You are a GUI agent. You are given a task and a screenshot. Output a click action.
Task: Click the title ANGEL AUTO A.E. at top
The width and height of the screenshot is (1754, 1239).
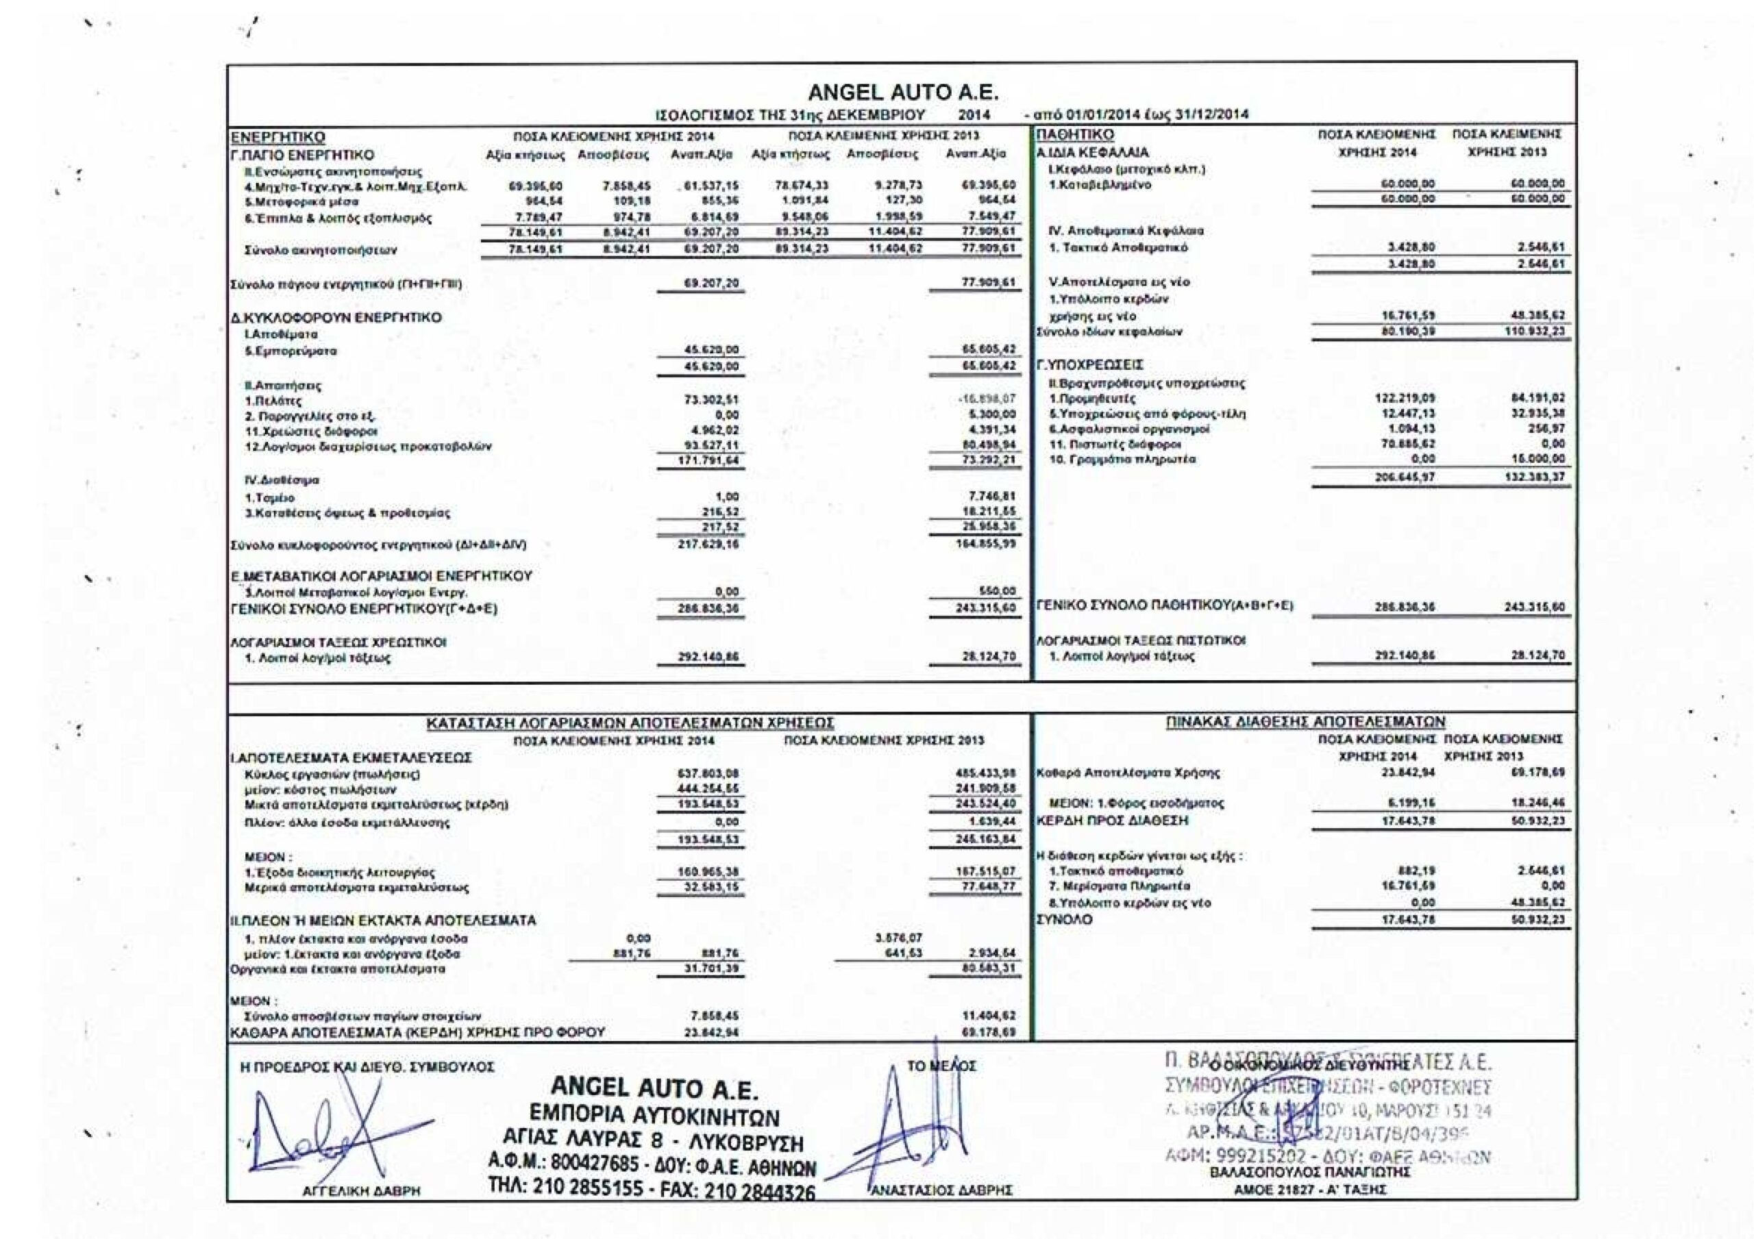pos(903,93)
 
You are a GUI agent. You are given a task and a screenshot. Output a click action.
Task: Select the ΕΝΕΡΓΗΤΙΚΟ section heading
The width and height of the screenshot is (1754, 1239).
pos(278,138)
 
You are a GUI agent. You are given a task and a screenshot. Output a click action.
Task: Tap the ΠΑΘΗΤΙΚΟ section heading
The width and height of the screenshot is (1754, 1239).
pos(1064,135)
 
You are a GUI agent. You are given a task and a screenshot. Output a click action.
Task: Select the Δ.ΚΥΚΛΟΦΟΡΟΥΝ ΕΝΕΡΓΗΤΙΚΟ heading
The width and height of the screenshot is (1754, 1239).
pos(336,317)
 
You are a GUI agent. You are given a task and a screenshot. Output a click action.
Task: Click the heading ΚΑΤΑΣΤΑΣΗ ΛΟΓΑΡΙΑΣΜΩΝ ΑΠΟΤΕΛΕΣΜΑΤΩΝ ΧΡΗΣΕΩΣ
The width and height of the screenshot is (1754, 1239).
pos(630,723)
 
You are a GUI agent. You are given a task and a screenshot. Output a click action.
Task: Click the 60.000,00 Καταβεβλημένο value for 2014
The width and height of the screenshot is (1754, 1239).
pos(1408,184)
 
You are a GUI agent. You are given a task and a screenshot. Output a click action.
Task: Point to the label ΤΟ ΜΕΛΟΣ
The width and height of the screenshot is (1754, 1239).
pos(941,1066)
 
